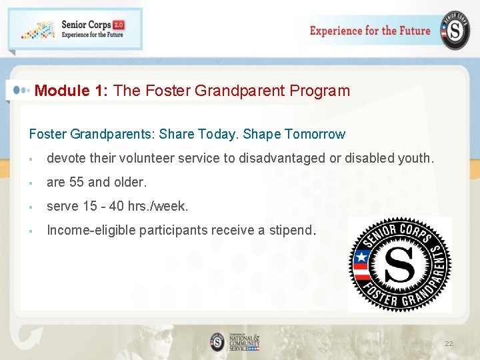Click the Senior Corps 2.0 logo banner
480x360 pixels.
75,29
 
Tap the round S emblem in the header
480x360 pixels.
455,31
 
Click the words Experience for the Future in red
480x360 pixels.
370,31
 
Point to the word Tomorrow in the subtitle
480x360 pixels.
315,134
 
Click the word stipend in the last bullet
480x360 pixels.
291,231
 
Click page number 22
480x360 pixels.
449,344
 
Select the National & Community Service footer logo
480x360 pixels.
235,342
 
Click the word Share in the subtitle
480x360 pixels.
177,134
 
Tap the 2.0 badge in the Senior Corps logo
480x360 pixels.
118,25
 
